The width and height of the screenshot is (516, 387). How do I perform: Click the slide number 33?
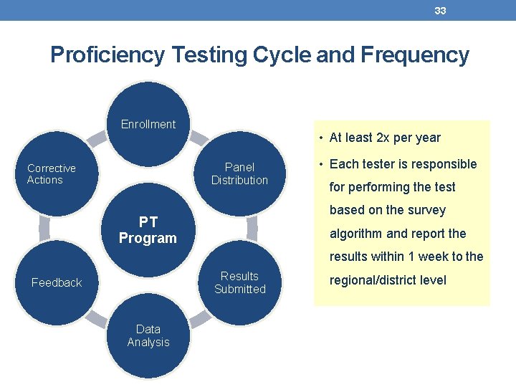440,11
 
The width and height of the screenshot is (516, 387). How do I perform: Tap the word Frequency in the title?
418,55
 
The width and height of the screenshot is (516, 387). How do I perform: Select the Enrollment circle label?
148,125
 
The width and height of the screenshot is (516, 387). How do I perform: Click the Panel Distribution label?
239,174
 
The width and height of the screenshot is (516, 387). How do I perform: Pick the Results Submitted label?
239,282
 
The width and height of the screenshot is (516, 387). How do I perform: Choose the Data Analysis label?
148,335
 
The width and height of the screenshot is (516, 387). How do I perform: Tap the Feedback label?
57,283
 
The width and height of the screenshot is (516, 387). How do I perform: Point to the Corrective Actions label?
51,174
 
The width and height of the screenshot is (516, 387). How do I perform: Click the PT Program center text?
148,230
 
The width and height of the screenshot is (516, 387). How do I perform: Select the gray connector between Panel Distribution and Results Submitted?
252,228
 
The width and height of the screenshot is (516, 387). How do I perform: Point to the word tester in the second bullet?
378,164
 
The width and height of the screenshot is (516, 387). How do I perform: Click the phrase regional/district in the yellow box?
372,280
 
